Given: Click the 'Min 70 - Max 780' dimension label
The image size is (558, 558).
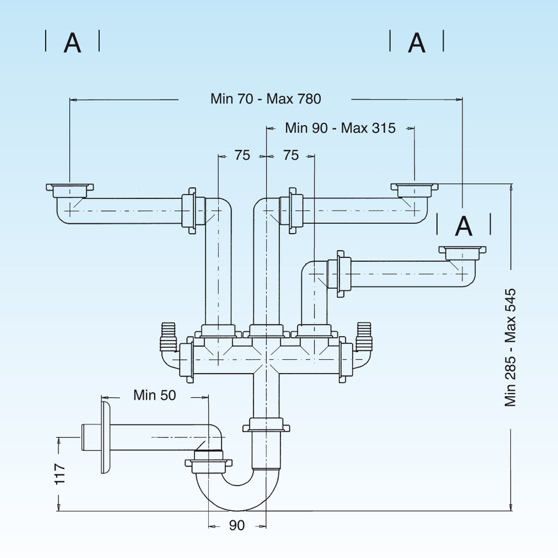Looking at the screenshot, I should point(266,99).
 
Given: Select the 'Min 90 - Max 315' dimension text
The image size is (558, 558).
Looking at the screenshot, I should point(340,128).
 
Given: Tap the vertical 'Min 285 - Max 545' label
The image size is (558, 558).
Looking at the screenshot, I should point(511,347).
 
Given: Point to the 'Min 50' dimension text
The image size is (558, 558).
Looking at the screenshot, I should point(154,395).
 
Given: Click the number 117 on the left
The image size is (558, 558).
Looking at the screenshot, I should point(60,474).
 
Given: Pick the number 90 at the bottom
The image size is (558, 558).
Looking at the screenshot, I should point(237,525).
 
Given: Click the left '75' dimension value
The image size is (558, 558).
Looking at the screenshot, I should point(242,155).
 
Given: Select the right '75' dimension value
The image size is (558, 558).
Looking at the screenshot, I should point(291,155).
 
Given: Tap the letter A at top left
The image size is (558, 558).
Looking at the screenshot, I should point(72,43).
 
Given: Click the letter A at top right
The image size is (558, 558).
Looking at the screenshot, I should point(416,43).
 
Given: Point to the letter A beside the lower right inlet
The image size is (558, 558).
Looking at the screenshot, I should point(464,226).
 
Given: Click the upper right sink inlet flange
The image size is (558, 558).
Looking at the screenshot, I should point(414,189).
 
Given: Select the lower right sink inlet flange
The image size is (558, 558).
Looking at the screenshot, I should point(462,252).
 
